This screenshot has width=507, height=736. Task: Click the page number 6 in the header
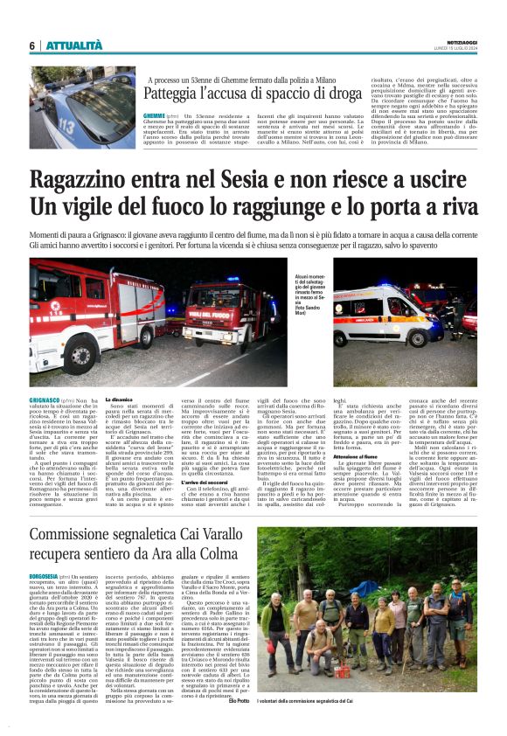31,45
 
